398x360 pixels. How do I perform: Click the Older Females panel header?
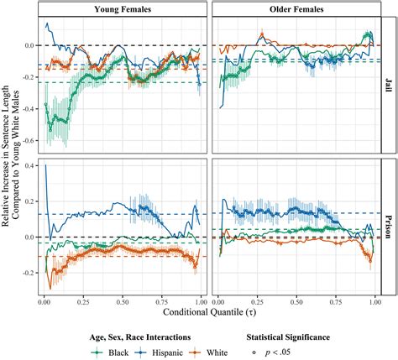point(295,8)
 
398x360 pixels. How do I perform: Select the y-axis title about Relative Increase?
point(10,151)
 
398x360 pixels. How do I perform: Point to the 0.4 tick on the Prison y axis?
point(27,164)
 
